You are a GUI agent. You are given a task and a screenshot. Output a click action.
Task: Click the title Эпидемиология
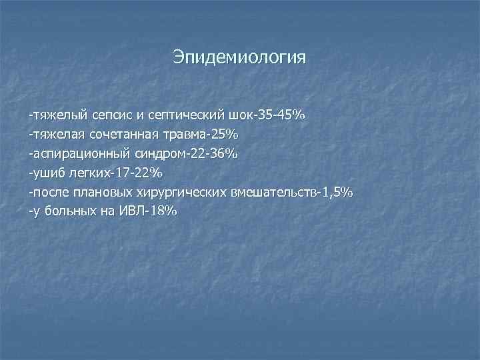coord(240,57)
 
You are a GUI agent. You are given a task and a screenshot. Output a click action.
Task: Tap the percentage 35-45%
coord(281,115)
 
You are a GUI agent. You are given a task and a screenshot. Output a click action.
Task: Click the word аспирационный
coord(69,154)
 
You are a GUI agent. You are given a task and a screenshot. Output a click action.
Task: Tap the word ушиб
coord(43,173)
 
